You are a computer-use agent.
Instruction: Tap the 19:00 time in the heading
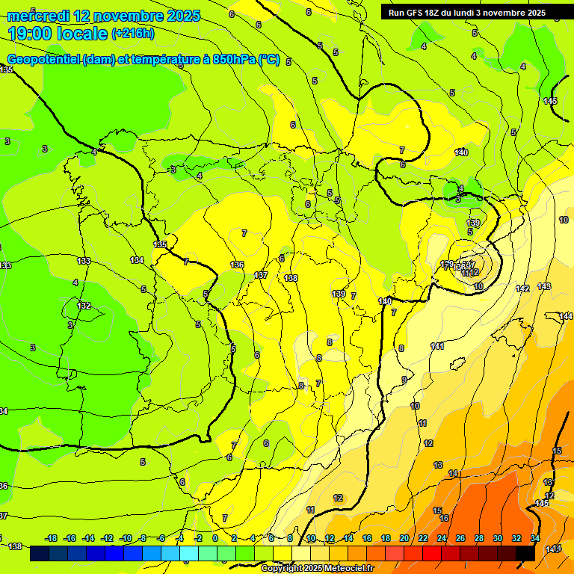point(31,33)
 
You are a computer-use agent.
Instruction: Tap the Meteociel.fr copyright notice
point(317,568)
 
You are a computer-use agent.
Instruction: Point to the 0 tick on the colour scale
point(215,538)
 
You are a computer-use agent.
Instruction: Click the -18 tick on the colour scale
point(52,538)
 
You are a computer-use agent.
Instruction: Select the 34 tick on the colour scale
point(535,538)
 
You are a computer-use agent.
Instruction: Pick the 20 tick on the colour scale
point(404,538)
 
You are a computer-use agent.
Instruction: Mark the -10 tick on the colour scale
point(126,538)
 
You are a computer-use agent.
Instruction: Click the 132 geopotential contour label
point(84,306)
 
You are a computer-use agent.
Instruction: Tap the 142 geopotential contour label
point(522,288)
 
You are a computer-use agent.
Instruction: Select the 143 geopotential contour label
point(544,287)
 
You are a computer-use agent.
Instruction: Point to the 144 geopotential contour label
point(566,316)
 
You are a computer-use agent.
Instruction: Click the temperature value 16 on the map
point(444,518)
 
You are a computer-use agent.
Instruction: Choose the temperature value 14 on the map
point(453,473)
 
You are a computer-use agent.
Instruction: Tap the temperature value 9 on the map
point(404,380)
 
